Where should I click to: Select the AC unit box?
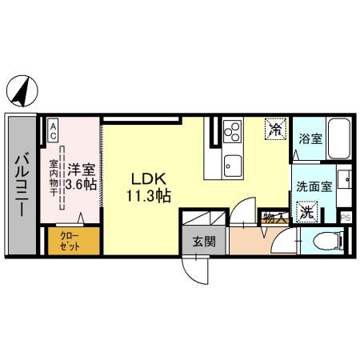(54, 131)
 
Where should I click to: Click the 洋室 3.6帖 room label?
(81, 176)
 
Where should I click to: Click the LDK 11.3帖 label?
(148, 186)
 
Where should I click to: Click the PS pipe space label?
(346, 217)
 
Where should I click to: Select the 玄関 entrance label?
(201, 240)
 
